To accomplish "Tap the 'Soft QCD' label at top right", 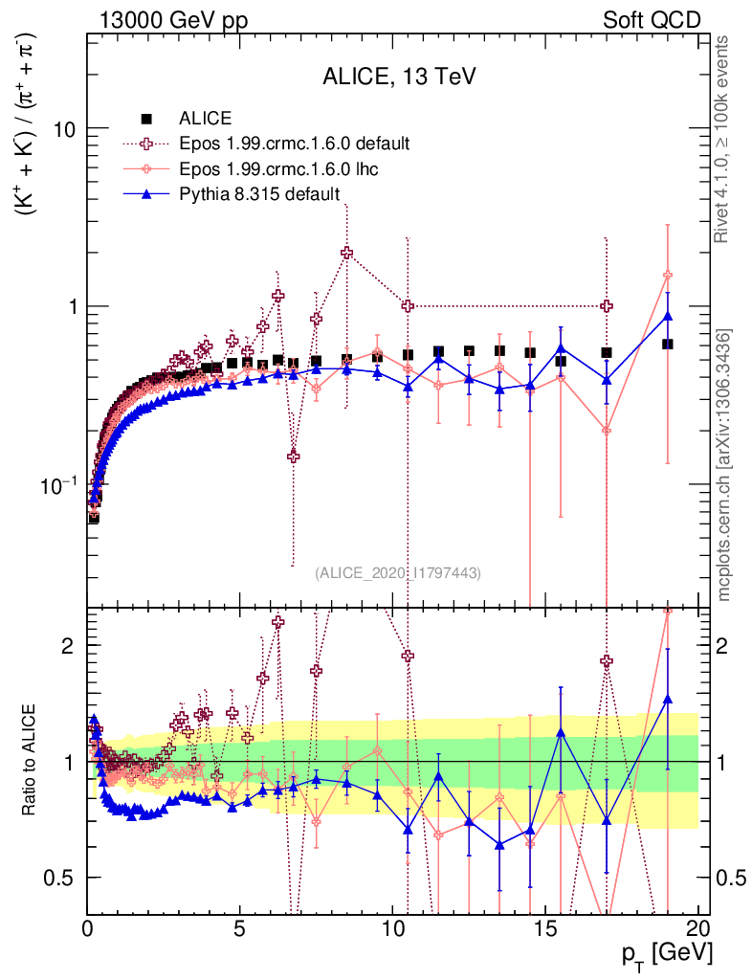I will point(652,20).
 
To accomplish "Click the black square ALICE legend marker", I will point(147,119).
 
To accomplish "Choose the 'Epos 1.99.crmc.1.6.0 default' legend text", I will point(295,144).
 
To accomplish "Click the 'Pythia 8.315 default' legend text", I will point(259,195).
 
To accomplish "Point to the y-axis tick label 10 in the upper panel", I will point(66,129).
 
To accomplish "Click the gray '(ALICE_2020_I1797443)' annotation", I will point(398,572).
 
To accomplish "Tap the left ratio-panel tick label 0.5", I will point(65,878).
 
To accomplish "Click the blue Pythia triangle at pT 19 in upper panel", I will point(668,317).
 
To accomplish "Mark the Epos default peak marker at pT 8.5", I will point(347,253).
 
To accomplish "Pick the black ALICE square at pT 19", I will point(668,344).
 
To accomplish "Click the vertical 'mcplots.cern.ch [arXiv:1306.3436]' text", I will point(724,465).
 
